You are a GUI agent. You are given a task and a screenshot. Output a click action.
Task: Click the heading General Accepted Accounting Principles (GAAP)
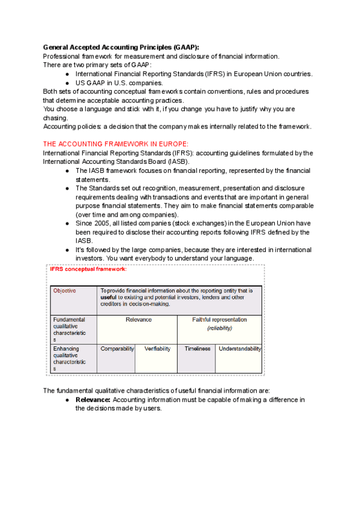pos(121,47)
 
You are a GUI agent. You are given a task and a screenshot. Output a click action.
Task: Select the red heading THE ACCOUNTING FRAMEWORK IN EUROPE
pos(115,144)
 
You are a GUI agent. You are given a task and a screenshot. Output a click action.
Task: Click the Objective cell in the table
pos(65,291)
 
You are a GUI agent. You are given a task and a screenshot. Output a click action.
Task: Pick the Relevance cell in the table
pos(139,320)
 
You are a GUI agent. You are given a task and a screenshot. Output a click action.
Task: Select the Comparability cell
pos(117,349)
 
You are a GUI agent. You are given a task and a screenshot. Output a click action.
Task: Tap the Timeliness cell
pos(196,349)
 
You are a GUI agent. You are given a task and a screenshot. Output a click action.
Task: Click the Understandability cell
pos(239,349)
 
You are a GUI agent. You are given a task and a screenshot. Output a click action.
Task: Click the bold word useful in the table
pos(109,297)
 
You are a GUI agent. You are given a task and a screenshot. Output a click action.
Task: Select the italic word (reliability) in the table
pos(219,328)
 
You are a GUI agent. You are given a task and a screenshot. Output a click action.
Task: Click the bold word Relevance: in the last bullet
pos(93,400)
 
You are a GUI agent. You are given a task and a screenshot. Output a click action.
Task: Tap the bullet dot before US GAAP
pos(68,83)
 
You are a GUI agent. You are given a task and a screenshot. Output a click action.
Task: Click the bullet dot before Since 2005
pos(68,223)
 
